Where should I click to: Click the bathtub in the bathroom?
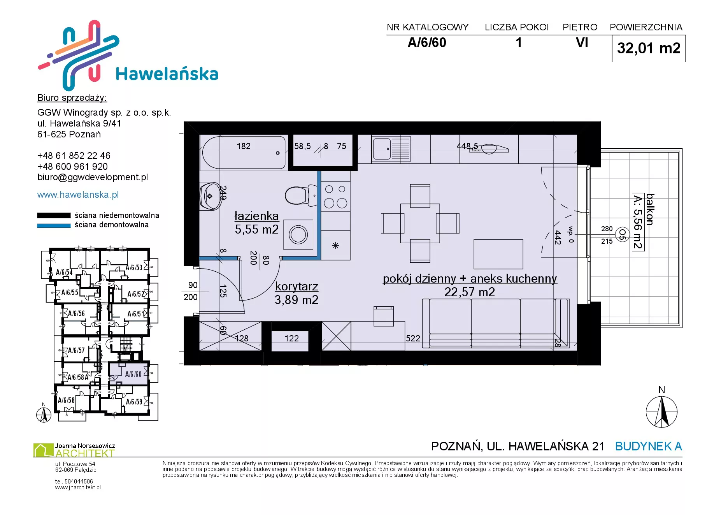(244, 153)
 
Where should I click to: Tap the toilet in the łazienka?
(301, 195)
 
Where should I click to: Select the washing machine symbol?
(298, 235)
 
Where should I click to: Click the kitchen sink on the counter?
(382, 148)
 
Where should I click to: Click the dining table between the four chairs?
(420, 223)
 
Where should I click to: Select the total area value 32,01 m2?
(649, 48)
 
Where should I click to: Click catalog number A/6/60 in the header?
(427, 42)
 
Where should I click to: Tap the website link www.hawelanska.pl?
(78, 195)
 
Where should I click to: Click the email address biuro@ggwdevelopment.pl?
(93, 177)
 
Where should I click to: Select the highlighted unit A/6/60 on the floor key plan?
(129, 374)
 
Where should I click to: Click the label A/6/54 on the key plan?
(64, 272)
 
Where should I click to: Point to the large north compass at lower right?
(661, 412)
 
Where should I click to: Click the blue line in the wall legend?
(54, 225)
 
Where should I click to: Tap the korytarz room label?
(296, 287)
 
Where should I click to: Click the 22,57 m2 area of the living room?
(470, 292)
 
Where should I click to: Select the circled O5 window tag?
(622, 234)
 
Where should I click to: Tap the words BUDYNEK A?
(649, 446)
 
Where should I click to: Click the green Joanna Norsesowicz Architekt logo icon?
(43, 450)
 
